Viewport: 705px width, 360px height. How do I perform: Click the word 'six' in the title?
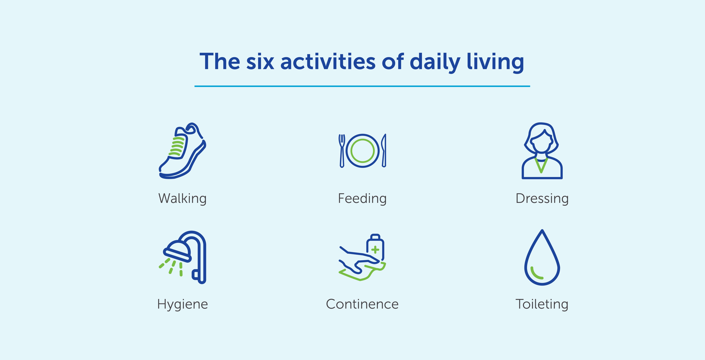pyautogui.click(x=260, y=62)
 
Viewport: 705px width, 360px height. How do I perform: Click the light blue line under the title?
pyautogui.click(x=362, y=86)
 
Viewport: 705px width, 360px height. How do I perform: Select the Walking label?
pyautogui.click(x=182, y=198)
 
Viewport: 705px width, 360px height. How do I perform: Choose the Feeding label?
pyautogui.click(x=362, y=198)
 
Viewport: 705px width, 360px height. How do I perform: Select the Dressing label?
pyautogui.click(x=542, y=198)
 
